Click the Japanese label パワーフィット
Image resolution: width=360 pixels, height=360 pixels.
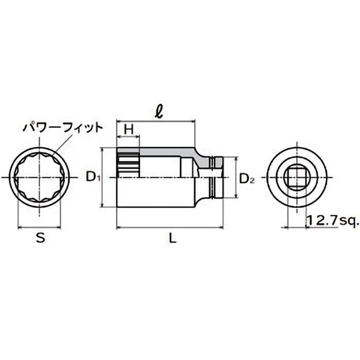(63, 128)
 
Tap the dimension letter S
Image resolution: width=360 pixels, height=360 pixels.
(40, 238)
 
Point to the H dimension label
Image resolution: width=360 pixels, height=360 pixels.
(129, 129)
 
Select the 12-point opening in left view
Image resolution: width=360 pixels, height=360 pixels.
(39, 177)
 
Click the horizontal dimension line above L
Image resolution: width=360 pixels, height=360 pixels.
(170, 227)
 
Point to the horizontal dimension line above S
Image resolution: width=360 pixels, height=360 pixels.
(39, 227)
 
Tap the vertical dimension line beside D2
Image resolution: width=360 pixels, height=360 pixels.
(236, 177)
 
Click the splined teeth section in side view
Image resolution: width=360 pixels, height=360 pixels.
(128, 164)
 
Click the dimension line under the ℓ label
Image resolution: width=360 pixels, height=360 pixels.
(156, 121)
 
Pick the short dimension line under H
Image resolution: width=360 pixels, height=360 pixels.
(128, 137)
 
